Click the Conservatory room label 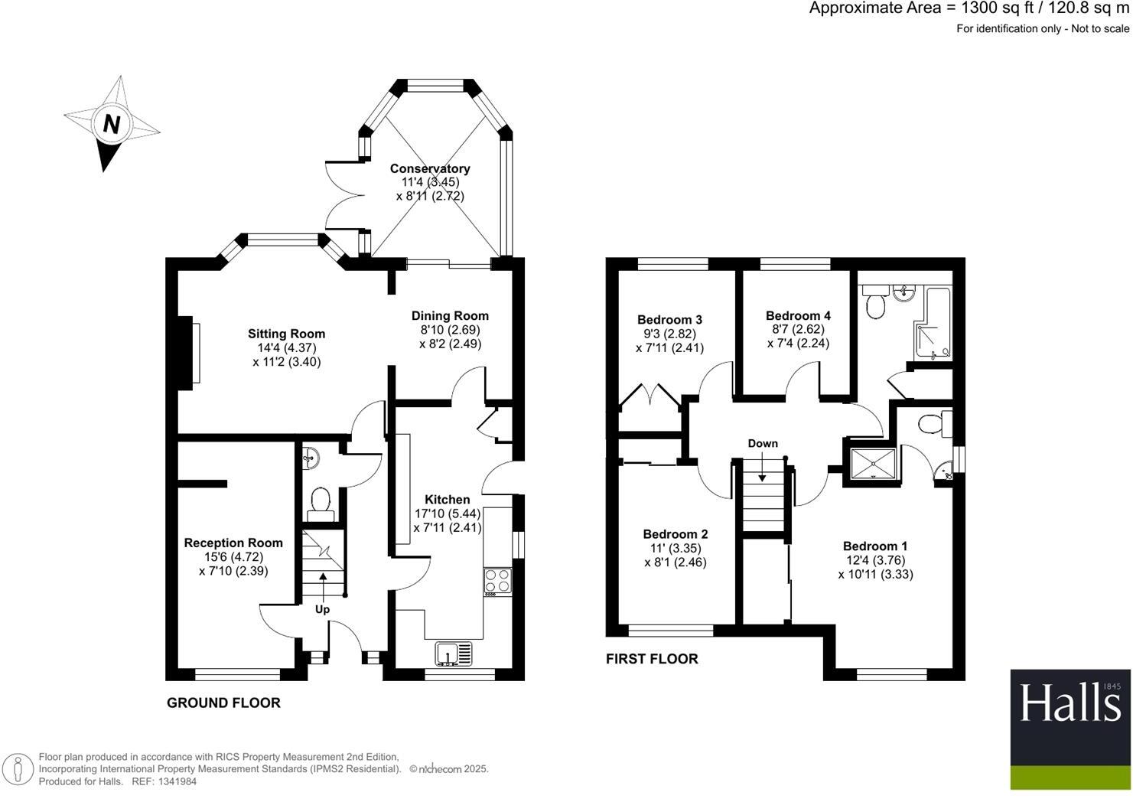(430, 168)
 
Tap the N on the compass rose (112, 123)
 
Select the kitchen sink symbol (454, 654)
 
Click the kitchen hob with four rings (497, 581)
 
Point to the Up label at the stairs (323, 610)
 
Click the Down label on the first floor (763, 443)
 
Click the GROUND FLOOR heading (223, 703)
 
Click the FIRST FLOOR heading (652, 658)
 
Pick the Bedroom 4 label (798, 315)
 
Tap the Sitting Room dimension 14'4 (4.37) (286, 347)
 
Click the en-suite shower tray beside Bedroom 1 (873, 462)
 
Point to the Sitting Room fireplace (188, 353)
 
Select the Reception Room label (233, 543)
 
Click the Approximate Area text (969, 9)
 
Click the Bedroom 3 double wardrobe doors (650, 399)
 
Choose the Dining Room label (450, 315)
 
